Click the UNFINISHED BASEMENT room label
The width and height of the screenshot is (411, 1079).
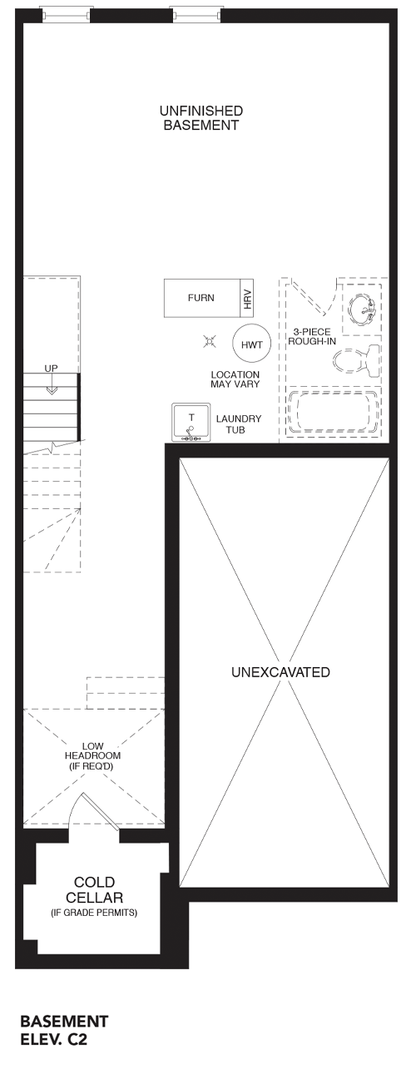click(x=201, y=118)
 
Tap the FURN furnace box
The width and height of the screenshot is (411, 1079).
click(x=202, y=298)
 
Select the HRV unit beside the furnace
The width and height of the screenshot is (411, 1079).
click(x=247, y=299)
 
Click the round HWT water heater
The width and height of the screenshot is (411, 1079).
click(x=251, y=344)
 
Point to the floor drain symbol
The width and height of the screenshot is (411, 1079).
click(x=210, y=342)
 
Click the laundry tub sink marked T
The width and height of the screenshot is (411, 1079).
click(x=191, y=423)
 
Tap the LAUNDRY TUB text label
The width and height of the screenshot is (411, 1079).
click(x=239, y=424)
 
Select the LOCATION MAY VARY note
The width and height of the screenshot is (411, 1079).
click(x=235, y=379)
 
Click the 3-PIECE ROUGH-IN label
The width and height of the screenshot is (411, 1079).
click(x=312, y=336)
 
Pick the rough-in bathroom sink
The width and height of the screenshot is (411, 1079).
click(x=362, y=309)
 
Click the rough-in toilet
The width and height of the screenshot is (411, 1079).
click(x=356, y=359)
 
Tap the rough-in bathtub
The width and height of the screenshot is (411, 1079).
click(x=333, y=412)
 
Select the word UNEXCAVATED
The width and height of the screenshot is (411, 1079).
click(x=280, y=672)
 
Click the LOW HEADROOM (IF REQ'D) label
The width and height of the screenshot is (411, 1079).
click(x=92, y=755)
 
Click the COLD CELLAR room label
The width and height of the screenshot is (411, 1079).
click(x=95, y=889)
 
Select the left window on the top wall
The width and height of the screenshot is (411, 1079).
click(x=65, y=14)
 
